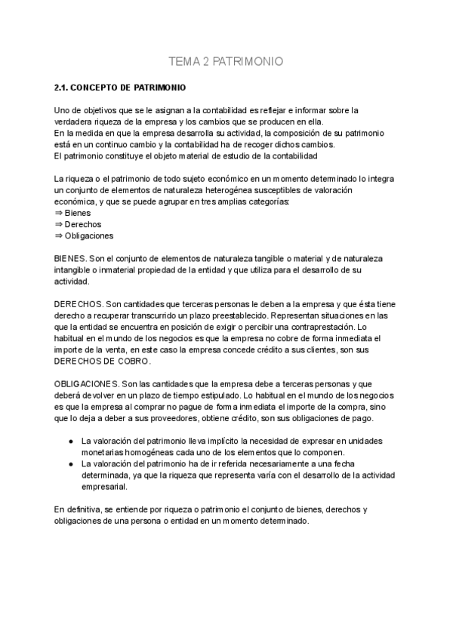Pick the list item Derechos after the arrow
tap(83, 224)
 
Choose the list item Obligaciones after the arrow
tap(89, 235)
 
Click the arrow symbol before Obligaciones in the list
tap(59, 235)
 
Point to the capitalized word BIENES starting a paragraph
tap(70, 258)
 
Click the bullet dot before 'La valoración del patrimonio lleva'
tap(70, 441)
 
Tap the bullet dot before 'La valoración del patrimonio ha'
tap(70, 463)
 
